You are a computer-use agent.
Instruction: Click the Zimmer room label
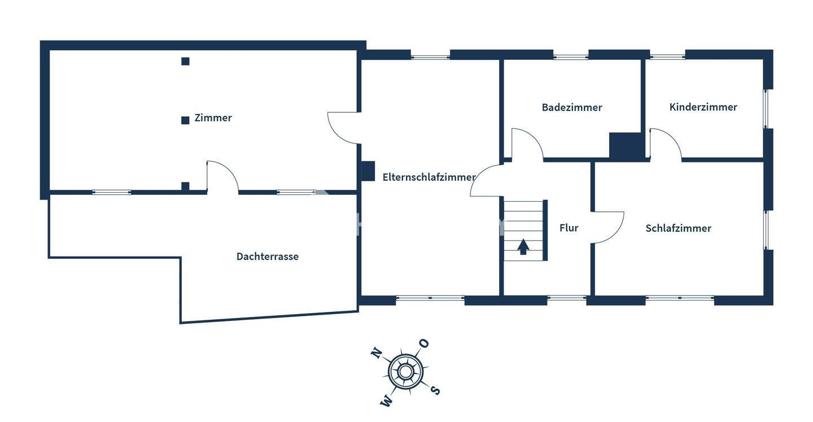point(213,118)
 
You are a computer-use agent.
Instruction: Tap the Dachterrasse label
point(267,256)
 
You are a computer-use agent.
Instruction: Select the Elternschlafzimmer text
point(429,177)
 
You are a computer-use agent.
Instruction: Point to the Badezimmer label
point(571,107)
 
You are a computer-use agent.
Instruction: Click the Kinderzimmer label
point(703,107)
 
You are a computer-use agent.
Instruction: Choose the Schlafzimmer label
point(678,228)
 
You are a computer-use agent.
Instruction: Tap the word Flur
point(569,228)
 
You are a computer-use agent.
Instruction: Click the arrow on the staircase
point(523,247)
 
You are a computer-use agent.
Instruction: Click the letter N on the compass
point(375,354)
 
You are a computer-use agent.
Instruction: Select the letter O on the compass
point(423,343)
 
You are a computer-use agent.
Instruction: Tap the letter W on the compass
point(387,401)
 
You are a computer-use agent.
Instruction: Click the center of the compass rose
point(405,372)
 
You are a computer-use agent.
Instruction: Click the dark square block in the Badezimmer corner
point(626,146)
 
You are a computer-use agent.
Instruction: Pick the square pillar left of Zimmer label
point(185,120)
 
